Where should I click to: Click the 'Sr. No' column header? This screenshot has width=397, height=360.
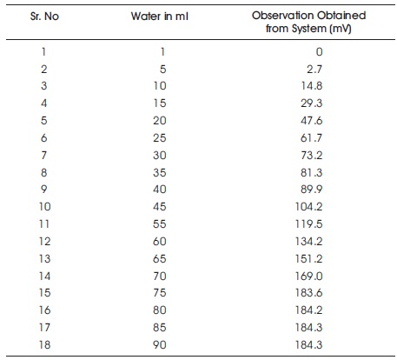click(44, 17)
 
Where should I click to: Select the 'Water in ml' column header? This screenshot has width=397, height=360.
click(160, 17)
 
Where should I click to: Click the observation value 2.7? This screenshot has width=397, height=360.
click(314, 70)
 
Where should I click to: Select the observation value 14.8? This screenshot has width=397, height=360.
click(312, 86)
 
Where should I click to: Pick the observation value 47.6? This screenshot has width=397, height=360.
click(312, 121)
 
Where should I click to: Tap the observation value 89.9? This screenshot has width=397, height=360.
click(312, 190)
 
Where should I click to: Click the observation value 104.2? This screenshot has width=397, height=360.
click(308, 207)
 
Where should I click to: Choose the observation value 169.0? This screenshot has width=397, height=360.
click(308, 277)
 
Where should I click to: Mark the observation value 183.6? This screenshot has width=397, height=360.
click(308, 293)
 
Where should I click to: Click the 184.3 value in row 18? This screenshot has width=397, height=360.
click(308, 345)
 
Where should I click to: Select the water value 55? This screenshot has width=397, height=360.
click(160, 224)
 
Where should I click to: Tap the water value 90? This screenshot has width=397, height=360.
click(160, 345)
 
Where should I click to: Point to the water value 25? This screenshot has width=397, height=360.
click(160, 138)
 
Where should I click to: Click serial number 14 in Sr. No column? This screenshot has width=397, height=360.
click(45, 277)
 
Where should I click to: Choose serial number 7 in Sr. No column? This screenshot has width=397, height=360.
click(43, 156)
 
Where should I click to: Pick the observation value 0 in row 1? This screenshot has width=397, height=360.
click(319, 52)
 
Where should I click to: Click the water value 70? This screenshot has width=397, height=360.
click(160, 277)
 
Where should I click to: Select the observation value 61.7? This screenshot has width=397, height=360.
click(312, 138)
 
